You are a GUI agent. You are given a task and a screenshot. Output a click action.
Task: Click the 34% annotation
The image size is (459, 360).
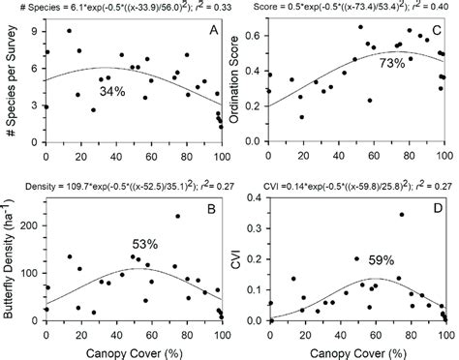click(x=113, y=92)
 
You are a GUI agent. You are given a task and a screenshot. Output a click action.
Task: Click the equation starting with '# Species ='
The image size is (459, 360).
click(x=113, y=7)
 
